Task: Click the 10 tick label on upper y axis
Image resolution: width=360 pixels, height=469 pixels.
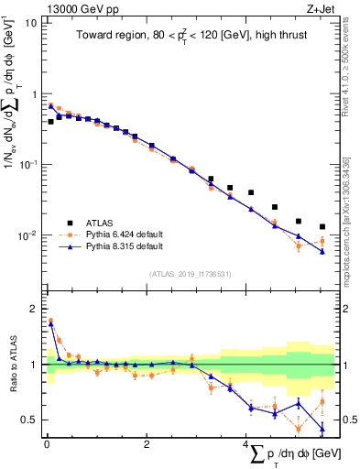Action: [x=30, y=23]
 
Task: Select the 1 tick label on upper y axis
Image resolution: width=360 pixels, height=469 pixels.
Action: [x=34, y=94]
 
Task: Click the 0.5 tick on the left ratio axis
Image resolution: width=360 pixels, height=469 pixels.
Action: [x=27, y=420]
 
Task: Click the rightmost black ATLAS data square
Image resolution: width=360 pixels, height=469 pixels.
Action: [x=322, y=226]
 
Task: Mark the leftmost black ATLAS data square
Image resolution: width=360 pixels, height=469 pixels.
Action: [x=50, y=121]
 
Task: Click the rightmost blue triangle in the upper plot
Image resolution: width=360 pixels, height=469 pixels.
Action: [x=322, y=252]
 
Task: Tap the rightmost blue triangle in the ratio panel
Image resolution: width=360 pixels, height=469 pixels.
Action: [x=322, y=428]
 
